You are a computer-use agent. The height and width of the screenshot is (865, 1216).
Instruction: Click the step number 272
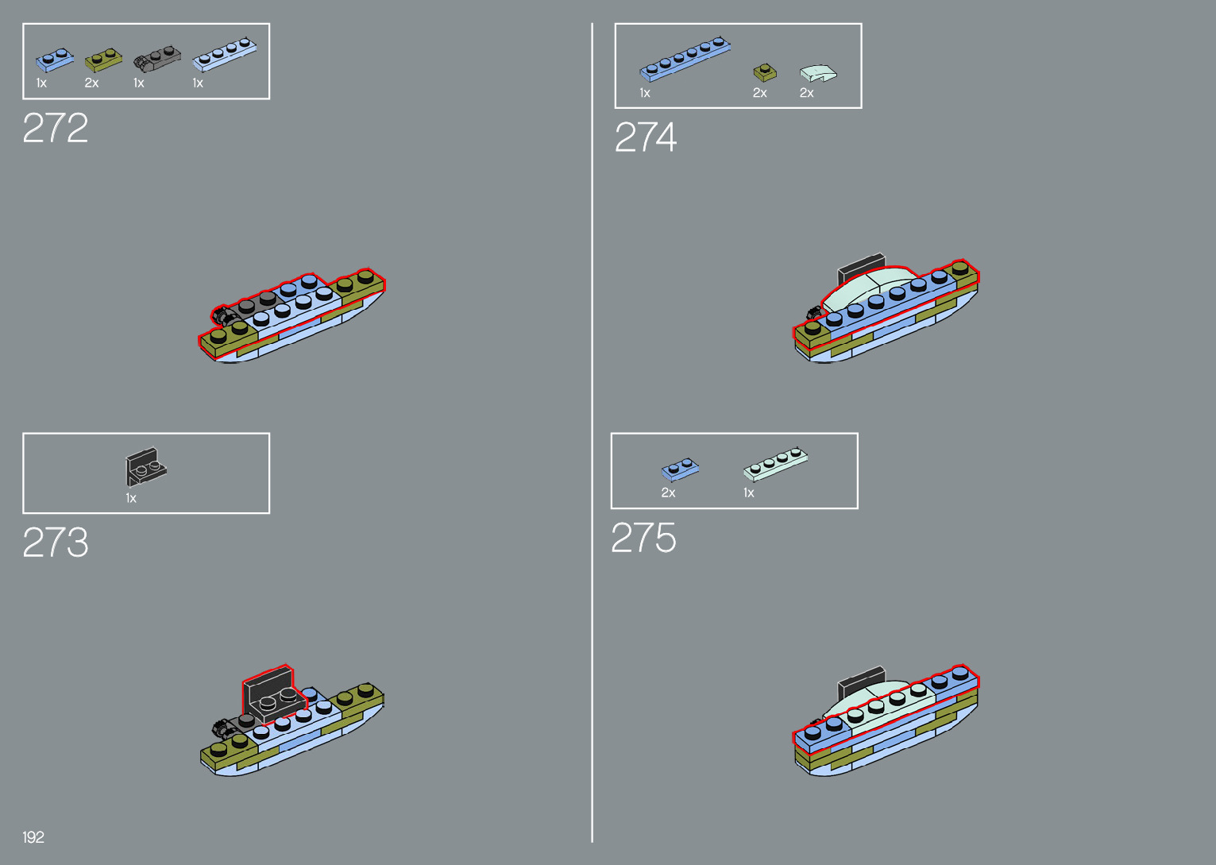pyautogui.click(x=55, y=128)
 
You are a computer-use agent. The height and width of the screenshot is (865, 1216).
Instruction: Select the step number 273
pyautogui.click(x=55, y=543)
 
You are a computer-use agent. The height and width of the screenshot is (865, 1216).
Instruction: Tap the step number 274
pyautogui.click(x=645, y=138)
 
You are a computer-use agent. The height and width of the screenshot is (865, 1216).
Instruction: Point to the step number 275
pyautogui.click(x=643, y=539)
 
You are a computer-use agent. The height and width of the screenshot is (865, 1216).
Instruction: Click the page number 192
pyautogui.click(x=33, y=837)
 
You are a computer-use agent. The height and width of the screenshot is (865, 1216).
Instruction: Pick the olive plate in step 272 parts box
pyautogui.click(x=103, y=60)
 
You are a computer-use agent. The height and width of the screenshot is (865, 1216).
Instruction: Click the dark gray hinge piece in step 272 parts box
pyautogui.click(x=156, y=58)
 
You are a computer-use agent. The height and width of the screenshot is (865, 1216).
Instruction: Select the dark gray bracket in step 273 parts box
pyautogui.click(x=145, y=466)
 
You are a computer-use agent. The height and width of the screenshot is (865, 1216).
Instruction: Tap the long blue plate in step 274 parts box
pyautogui.click(x=685, y=58)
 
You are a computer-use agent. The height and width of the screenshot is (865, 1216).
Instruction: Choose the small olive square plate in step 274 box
pyautogui.click(x=765, y=73)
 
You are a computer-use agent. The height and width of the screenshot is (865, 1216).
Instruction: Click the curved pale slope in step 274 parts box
pyautogui.click(x=817, y=73)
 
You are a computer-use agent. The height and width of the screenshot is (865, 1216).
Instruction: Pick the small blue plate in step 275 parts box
pyautogui.click(x=680, y=469)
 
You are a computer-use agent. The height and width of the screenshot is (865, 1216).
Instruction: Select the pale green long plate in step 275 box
pyautogui.click(x=775, y=464)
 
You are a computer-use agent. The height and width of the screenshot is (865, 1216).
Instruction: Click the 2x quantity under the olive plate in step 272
pyautogui.click(x=91, y=83)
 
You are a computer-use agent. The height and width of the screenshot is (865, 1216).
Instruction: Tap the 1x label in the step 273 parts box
pyautogui.click(x=131, y=499)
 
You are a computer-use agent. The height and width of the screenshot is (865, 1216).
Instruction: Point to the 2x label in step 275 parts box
pyautogui.click(x=668, y=493)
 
